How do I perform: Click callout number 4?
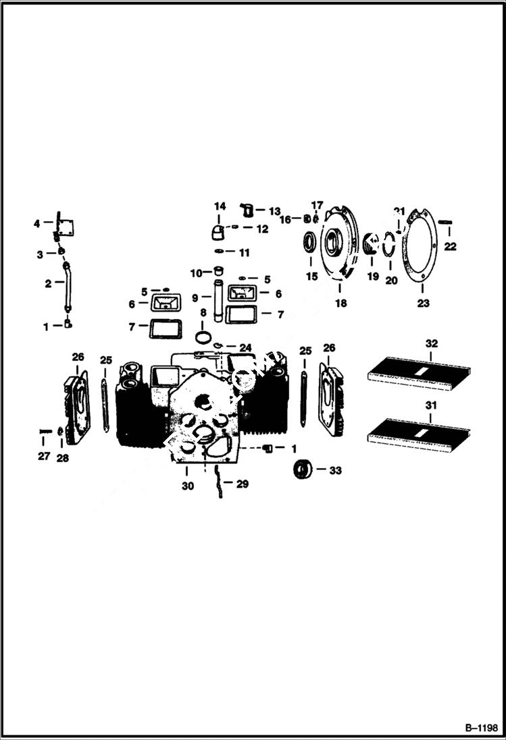point(37,223)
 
